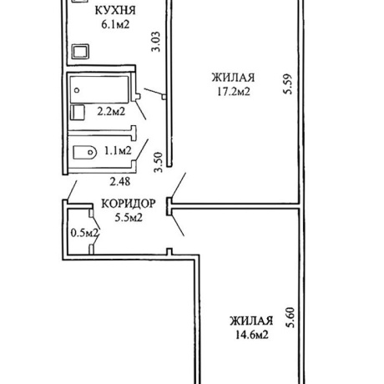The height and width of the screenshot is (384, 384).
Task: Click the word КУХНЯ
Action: pyautogui.click(x=115, y=11)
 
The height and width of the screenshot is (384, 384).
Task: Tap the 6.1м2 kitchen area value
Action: pyautogui.click(x=115, y=24)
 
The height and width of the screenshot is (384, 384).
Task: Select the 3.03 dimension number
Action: pyautogui.click(x=156, y=42)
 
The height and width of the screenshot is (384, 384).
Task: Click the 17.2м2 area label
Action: pyautogui.click(x=234, y=91)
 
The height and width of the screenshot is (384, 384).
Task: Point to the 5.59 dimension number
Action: pyautogui.click(x=288, y=84)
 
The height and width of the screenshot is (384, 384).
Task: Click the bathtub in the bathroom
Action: pyautogui.click(x=99, y=89)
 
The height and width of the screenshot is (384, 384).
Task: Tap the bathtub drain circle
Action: pyautogui.click(x=77, y=90)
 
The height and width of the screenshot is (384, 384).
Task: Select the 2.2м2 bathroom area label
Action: pyautogui.click(x=111, y=112)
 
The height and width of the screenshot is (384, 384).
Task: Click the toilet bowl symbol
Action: pyautogui.click(x=84, y=153)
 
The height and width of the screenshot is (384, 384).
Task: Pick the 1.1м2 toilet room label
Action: pyautogui.click(x=118, y=151)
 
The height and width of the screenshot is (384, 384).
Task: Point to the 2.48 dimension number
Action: pyautogui.click(x=120, y=182)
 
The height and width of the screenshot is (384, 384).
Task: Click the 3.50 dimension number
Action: pyautogui.click(x=158, y=162)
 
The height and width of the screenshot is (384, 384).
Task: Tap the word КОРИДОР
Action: pyautogui.click(x=129, y=204)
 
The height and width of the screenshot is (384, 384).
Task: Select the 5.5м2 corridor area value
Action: pyautogui.click(x=129, y=217)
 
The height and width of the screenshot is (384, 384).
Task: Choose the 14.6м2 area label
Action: pyautogui.click(x=252, y=335)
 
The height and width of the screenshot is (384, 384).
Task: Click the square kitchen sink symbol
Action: pyautogui.click(x=80, y=52)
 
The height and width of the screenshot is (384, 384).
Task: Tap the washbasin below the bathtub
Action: pyautogui.click(x=78, y=112)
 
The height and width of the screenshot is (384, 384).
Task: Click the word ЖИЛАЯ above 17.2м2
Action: pyautogui.click(x=233, y=78)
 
